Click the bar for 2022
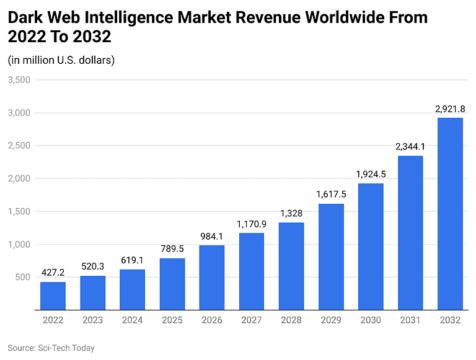click(53, 296)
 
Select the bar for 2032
click(450, 214)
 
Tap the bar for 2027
click(251, 271)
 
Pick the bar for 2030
click(371, 247)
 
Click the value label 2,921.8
click(450, 109)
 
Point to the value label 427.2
click(53, 273)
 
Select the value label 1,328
click(291, 214)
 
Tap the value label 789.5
click(172, 250)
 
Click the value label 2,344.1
click(410, 147)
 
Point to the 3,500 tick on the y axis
click(19, 80)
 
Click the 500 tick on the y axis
click(23, 277)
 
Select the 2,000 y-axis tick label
click(19, 178)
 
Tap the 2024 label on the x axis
click(132, 320)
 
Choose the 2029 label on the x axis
click(331, 320)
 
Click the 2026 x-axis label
click(211, 320)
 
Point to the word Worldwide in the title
click(344, 17)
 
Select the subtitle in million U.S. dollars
click(61, 60)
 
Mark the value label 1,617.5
click(331, 195)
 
